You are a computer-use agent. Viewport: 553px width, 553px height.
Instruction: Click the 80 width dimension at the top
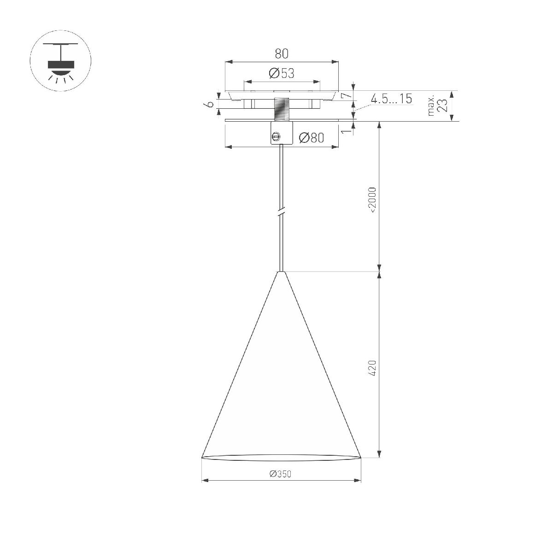(x=282, y=53)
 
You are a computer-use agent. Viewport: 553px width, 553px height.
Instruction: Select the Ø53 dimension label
(x=281, y=73)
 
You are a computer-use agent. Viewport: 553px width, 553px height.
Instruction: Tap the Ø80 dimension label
(x=311, y=137)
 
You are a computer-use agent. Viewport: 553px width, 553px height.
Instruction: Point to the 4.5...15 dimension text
(x=391, y=99)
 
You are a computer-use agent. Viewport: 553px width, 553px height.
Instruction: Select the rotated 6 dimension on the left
(x=209, y=105)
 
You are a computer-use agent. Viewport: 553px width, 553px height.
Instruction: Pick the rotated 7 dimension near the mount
(x=346, y=95)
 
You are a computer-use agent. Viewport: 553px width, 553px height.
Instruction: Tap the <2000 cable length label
(x=373, y=200)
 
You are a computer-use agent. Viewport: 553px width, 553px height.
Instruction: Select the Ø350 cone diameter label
(x=281, y=474)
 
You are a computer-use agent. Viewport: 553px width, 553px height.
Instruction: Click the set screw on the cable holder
(x=276, y=136)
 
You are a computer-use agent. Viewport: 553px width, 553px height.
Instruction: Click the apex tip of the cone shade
(x=281, y=272)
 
